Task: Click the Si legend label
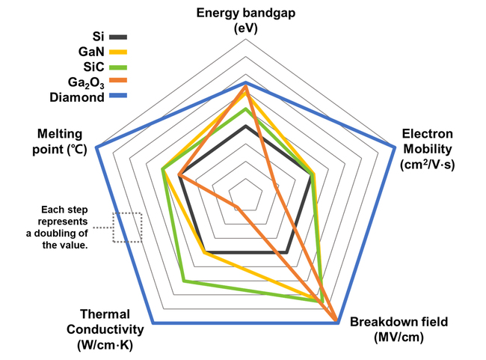pos(96,37)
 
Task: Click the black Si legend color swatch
pos(119,37)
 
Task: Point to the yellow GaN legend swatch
pos(119,52)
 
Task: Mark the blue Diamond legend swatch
pos(119,97)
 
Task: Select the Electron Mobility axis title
pos(428,148)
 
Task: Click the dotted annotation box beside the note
pos(126,227)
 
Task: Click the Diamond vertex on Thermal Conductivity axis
pos(154,323)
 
